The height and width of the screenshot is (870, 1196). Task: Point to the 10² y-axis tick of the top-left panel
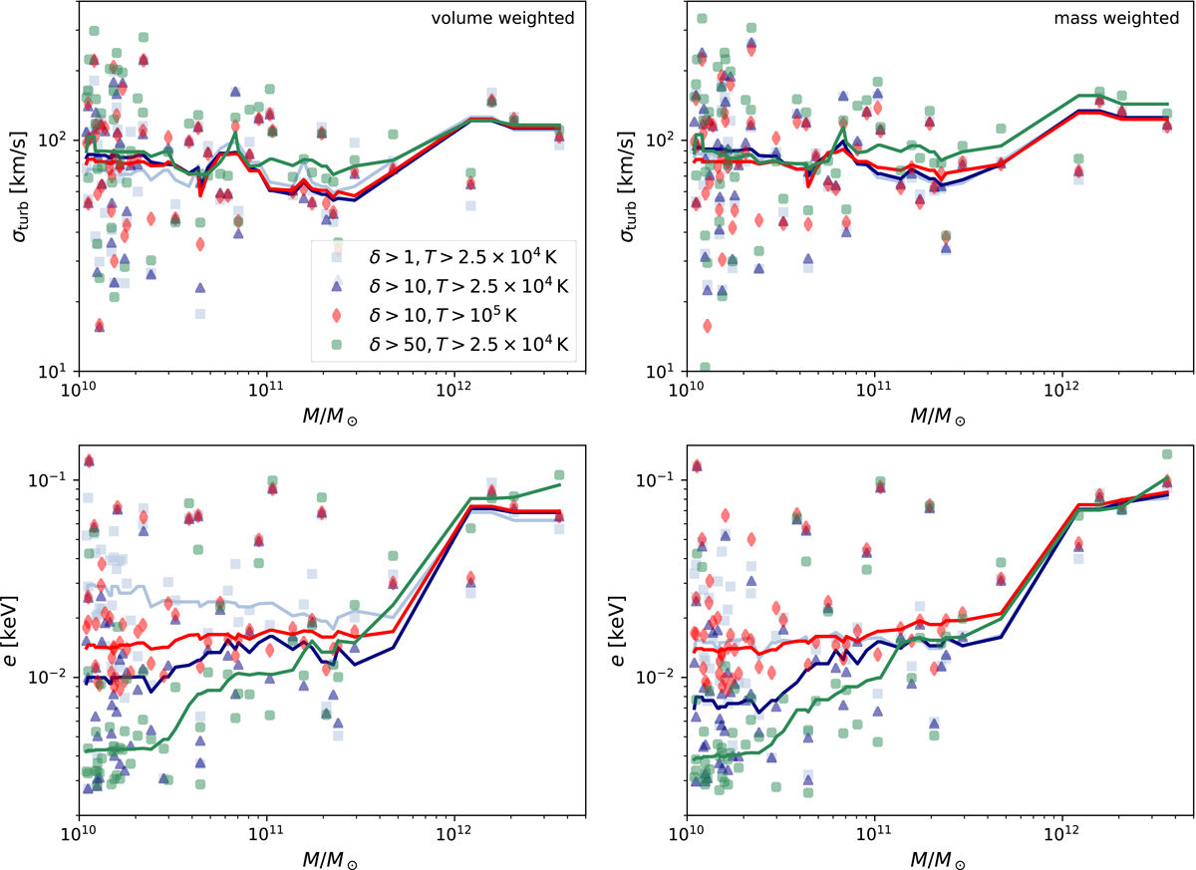(58, 140)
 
